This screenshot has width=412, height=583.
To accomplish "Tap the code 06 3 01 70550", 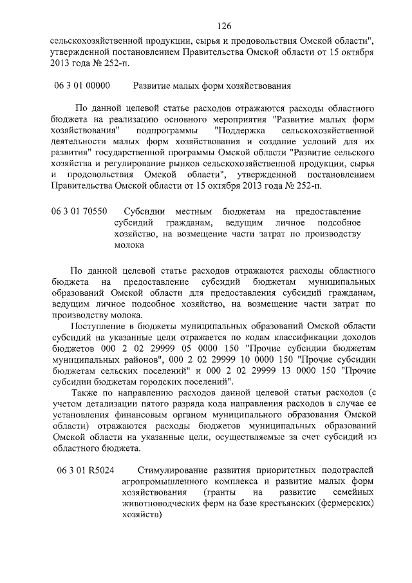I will coord(80,211).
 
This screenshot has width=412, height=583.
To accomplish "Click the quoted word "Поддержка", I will coord(238,129).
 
